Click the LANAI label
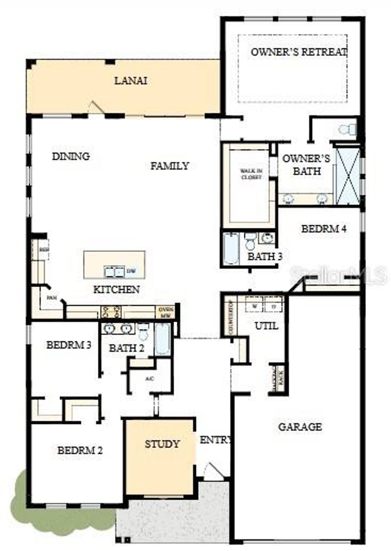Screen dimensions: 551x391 (x=131, y=81)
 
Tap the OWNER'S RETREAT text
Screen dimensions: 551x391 (x=299, y=52)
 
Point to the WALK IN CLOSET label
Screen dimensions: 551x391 (x=251, y=174)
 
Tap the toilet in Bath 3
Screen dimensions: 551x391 (x=250, y=241)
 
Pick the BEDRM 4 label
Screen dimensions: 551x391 (x=324, y=229)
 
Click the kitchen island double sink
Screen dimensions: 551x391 (x=114, y=271)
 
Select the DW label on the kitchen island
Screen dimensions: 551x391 (x=131, y=271)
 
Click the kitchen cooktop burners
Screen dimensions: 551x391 (x=111, y=312)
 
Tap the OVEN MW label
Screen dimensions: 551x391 (x=166, y=312)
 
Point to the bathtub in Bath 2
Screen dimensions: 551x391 (x=162, y=339)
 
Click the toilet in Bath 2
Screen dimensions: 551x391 (x=144, y=332)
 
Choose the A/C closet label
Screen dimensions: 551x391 (x=149, y=379)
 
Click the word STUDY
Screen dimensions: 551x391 (x=162, y=444)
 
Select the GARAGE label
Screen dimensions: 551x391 (x=300, y=427)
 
